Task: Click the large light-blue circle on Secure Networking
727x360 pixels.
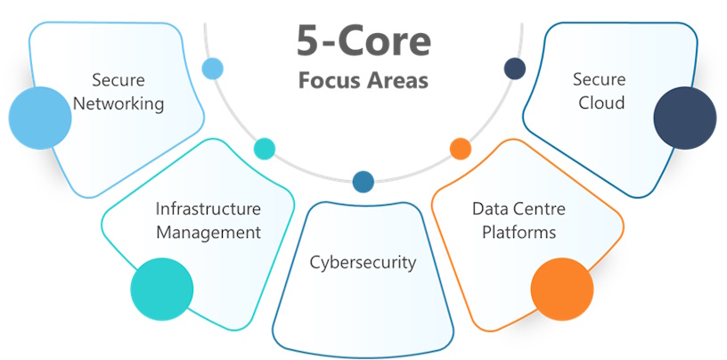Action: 39,118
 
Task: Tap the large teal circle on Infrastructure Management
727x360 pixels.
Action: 161,289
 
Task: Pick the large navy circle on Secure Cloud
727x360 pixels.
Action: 684,118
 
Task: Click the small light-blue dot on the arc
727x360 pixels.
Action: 212,68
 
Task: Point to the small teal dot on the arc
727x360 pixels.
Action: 265,148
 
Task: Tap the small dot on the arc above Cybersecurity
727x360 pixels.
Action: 363,182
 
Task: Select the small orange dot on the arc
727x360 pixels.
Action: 461,148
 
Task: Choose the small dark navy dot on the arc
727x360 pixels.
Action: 514,68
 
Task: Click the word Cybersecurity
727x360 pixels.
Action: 363,262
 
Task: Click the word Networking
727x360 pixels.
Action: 118,103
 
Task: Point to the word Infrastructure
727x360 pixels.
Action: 208,209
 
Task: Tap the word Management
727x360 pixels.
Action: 208,233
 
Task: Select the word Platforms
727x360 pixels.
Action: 519,233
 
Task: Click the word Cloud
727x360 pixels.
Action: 601,103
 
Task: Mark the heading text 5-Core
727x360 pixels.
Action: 363,42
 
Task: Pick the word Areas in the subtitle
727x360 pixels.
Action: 396,79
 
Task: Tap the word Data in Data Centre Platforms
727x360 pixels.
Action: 489,209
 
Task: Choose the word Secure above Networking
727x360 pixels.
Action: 118,80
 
